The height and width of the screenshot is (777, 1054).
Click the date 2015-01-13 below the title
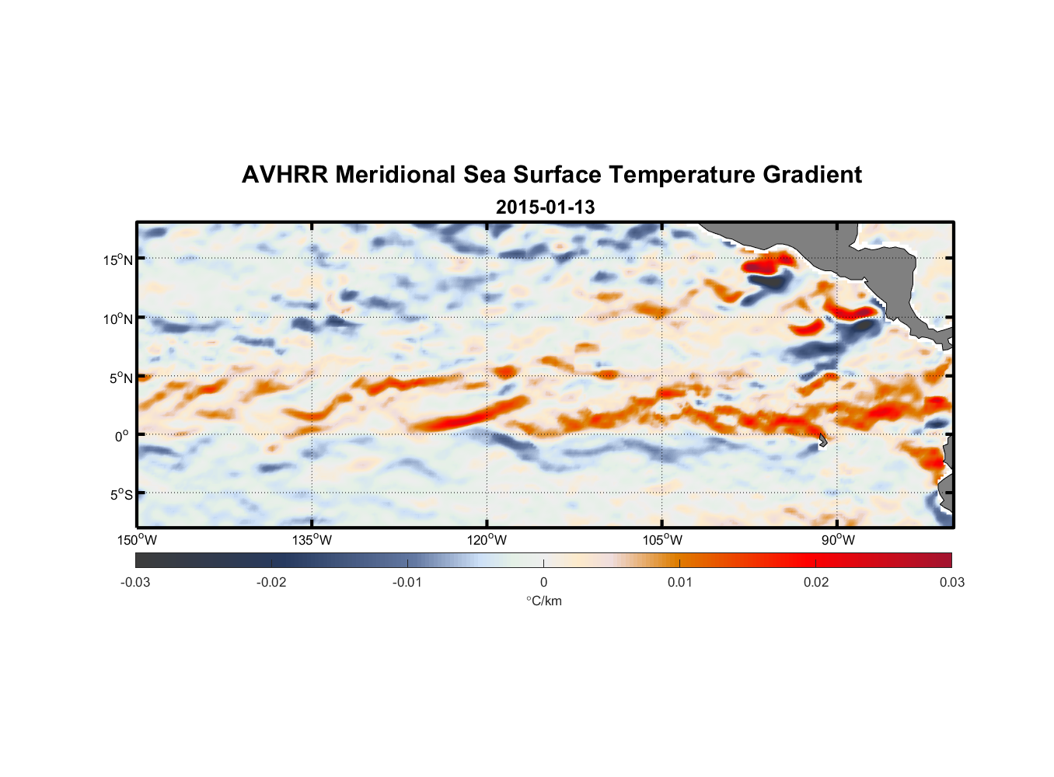tap(545, 207)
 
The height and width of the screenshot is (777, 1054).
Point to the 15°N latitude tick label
tap(118, 260)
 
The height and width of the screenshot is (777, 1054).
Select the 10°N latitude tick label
tap(118, 319)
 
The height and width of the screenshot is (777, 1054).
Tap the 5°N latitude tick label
tap(120, 378)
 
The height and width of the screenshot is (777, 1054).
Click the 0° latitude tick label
tap(122, 436)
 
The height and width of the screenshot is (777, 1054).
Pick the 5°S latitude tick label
tap(120, 495)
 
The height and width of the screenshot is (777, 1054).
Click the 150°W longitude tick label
tap(138, 540)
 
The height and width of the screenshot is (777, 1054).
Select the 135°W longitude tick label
tap(312, 540)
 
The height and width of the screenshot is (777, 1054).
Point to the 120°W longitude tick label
tap(487, 540)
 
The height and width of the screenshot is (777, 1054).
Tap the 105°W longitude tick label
tap(662, 540)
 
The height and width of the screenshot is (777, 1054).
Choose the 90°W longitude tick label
tap(838, 540)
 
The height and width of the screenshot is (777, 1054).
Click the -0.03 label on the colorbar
tap(135, 582)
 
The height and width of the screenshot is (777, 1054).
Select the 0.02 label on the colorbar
tap(815, 582)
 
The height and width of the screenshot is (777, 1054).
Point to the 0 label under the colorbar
tap(543, 582)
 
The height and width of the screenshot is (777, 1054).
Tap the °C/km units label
tap(543, 601)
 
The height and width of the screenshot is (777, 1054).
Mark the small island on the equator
tap(822, 440)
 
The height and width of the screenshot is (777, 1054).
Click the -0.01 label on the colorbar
tap(407, 582)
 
